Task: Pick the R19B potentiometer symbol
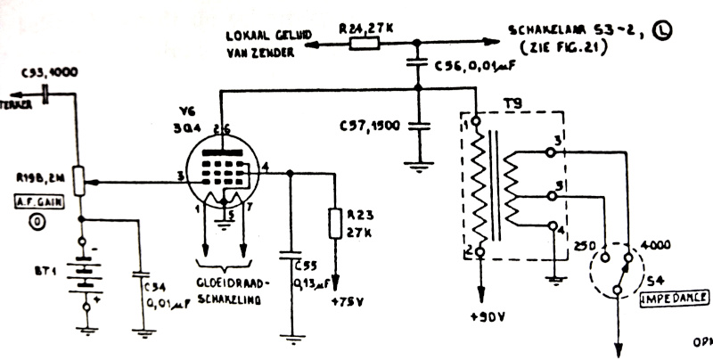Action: coord(79,182)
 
